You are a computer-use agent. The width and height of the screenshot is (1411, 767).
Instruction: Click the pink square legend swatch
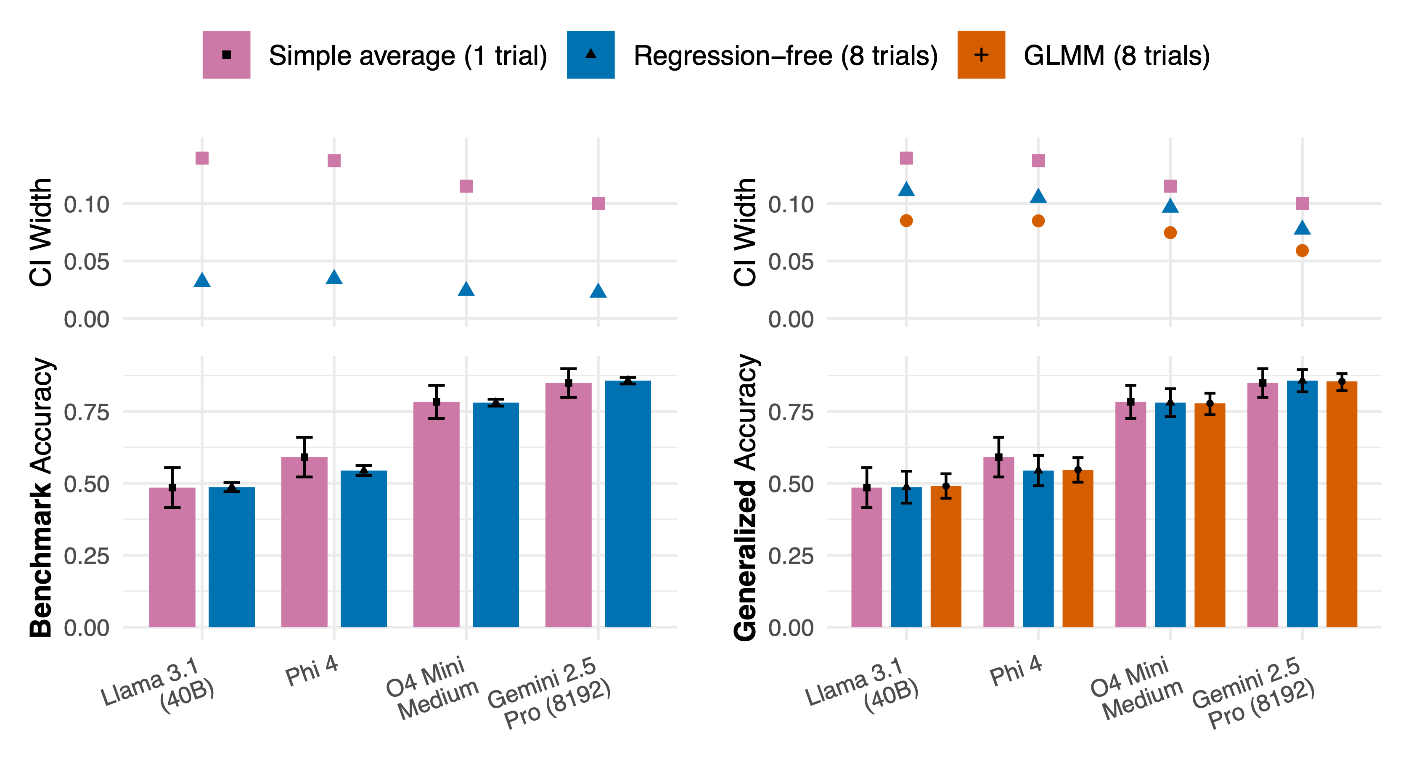[226, 55]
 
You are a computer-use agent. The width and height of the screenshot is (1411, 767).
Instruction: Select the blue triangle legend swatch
[590, 55]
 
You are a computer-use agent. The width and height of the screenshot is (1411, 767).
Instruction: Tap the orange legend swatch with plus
[981, 55]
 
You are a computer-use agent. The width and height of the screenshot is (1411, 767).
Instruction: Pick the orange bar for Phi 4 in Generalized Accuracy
[1077, 548]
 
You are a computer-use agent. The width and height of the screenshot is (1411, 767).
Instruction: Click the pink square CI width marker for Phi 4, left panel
[334, 161]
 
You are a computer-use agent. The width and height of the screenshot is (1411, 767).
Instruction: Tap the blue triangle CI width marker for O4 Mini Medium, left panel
[466, 289]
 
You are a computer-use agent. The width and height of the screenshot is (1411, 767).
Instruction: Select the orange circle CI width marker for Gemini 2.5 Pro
[1302, 250]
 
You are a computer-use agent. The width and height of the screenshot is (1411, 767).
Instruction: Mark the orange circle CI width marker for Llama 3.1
[906, 221]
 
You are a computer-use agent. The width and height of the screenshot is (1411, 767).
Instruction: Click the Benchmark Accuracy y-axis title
[41, 497]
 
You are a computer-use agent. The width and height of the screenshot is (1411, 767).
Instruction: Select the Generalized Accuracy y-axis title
[745, 497]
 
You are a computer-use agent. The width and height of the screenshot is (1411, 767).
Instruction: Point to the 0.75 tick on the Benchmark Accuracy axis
[87, 412]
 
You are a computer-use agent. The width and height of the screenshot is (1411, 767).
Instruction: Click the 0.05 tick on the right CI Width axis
[790, 262]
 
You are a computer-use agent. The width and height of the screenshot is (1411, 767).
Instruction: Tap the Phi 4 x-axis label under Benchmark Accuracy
[312, 671]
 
